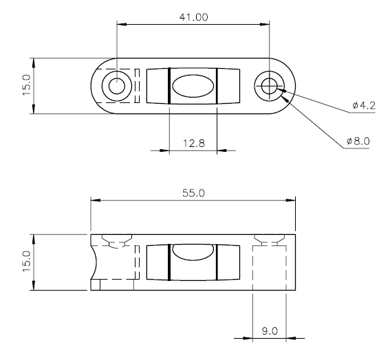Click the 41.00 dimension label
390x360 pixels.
(x=193, y=17)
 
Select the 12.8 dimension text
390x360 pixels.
(x=194, y=144)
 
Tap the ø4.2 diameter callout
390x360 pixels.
(x=364, y=106)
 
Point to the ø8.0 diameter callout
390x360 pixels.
(x=358, y=141)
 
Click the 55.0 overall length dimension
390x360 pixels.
(x=193, y=193)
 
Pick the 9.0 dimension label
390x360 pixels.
(x=270, y=331)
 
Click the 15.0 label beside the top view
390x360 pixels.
(x=26, y=85)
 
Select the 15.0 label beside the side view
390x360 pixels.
(x=26, y=261)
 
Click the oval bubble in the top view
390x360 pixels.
(x=193, y=86)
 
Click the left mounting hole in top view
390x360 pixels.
(x=117, y=86)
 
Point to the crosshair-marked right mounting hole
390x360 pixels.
(x=270, y=86)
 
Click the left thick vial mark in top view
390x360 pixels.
(x=169, y=86)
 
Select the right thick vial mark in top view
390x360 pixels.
(x=217, y=86)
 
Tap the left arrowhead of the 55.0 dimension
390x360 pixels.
(x=96, y=200)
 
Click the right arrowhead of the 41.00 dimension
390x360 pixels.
(x=265, y=24)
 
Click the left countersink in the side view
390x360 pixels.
(x=117, y=239)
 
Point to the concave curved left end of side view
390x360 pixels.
(x=95, y=262)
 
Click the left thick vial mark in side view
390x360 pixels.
(x=169, y=262)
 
